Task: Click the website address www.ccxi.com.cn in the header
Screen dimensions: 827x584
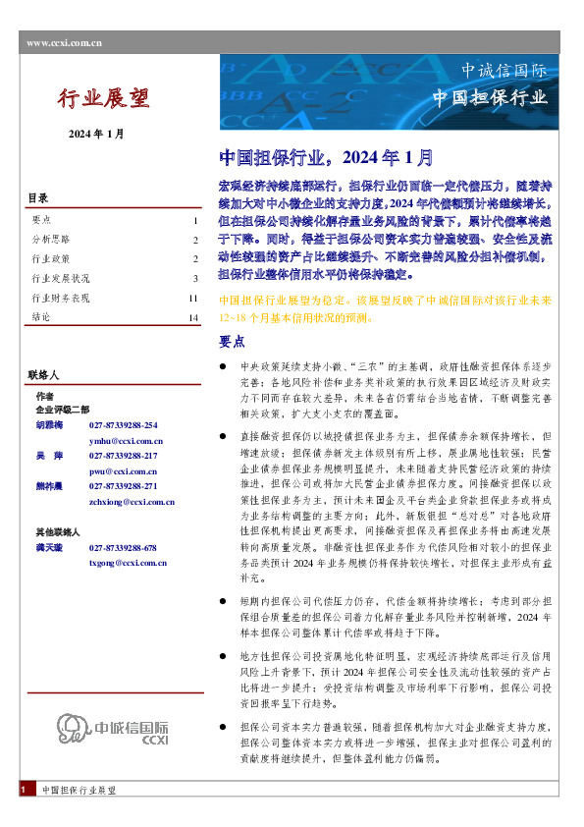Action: point(65,42)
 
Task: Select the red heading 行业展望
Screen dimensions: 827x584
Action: point(103,98)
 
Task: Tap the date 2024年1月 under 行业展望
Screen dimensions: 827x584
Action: point(96,134)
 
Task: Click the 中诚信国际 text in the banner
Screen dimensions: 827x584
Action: point(504,71)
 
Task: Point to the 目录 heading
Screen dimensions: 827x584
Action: point(37,198)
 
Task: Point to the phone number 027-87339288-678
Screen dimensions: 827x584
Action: point(123,548)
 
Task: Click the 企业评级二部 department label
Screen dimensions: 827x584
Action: point(62,409)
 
